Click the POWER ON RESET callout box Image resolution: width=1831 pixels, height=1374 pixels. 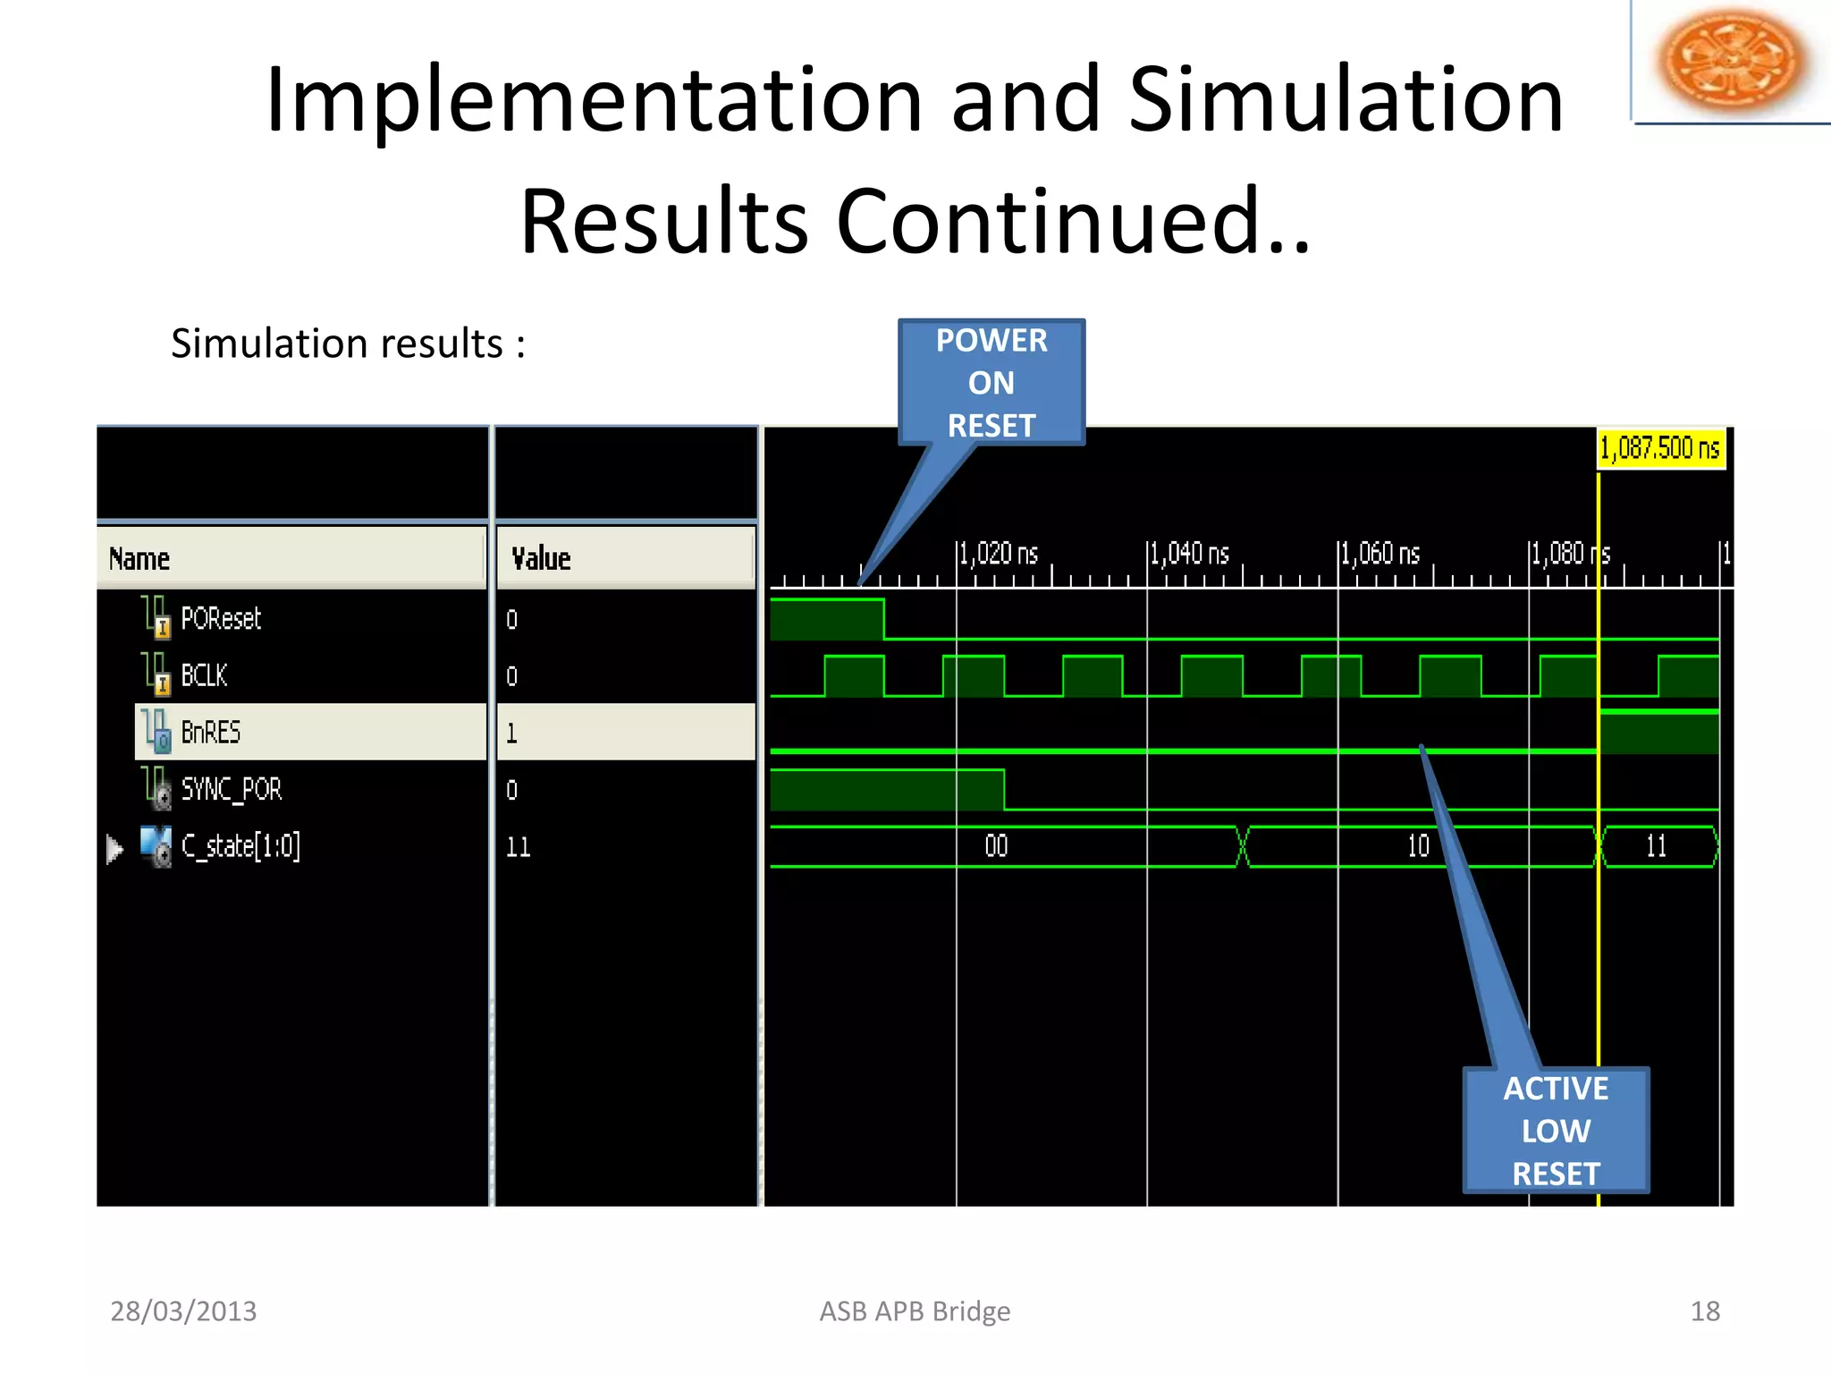(x=991, y=382)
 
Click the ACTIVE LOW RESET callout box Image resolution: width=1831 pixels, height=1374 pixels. (x=1556, y=1130)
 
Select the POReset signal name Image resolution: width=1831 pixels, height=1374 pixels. (x=220, y=618)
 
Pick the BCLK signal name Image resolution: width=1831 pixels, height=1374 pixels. (x=204, y=675)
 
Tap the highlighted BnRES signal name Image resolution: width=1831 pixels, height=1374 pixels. (x=211, y=732)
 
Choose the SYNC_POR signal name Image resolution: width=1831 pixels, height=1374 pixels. (x=231, y=789)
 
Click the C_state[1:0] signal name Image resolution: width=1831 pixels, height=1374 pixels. (x=240, y=846)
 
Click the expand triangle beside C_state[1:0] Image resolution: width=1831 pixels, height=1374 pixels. (x=114, y=848)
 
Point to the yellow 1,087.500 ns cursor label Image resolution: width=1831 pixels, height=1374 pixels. (x=1660, y=448)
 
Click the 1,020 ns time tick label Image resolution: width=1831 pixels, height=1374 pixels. (x=999, y=554)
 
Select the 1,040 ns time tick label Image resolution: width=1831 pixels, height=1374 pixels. (x=1190, y=554)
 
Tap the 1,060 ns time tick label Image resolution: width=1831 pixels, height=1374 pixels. (x=1380, y=554)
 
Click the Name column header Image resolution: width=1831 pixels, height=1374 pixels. (x=139, y=559)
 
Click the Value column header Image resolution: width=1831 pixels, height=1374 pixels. (x=541, y=559)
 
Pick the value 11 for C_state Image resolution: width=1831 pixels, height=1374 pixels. (x=519, y=847)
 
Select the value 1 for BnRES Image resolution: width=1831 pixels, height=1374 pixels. (x=512, y=734)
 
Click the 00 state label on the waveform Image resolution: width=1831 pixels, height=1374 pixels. (x=996, y=846)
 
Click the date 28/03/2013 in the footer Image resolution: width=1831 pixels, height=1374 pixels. (x=183, y=1311)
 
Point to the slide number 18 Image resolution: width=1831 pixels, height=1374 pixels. (x=1704, y=1311)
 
